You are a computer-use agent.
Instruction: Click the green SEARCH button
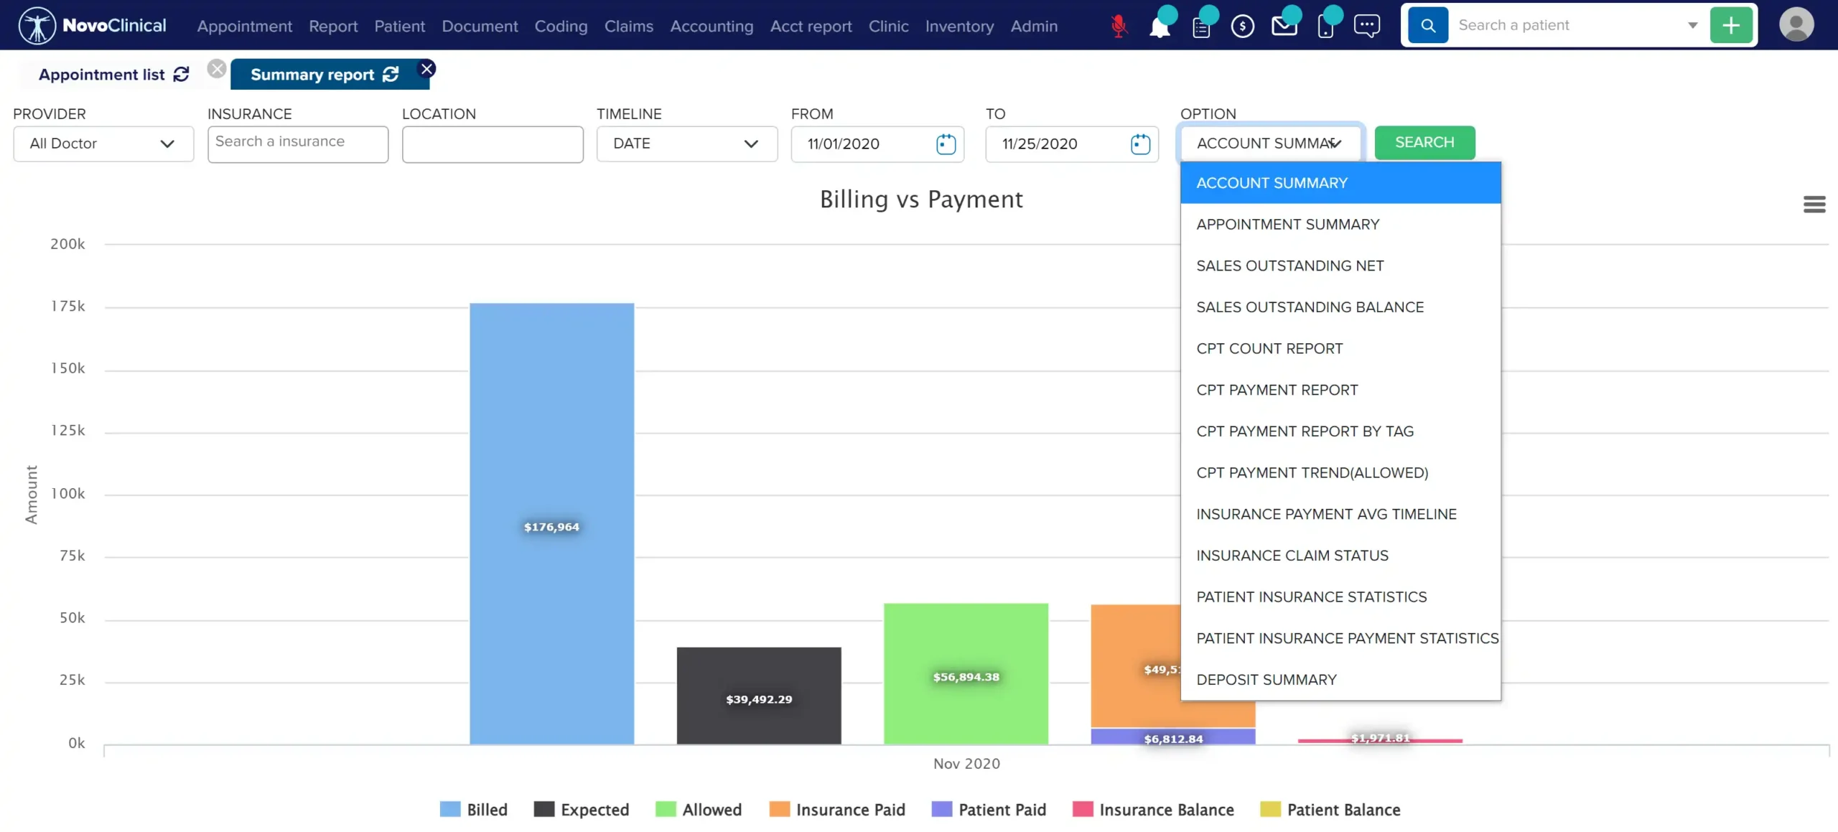pos(1424,142)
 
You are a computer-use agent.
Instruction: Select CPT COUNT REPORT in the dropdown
pos(1269,348)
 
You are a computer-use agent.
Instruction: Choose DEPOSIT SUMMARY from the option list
pos(1266,679)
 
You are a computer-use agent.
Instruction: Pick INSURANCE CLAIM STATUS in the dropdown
pos(1292,555)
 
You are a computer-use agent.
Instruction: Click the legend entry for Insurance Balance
pos(1153,810)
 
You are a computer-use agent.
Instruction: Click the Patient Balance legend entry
pos(1330,810)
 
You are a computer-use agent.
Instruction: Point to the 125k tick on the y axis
pos(67,431)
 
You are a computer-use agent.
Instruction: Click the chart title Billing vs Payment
pos(921,200)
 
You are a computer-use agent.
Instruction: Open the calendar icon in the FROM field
pos(946,144)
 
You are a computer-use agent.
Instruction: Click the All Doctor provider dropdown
pos(103,144)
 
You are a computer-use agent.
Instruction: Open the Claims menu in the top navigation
pos(628,26)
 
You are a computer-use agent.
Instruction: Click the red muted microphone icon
pos(1118,26)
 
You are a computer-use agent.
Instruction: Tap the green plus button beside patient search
pos(1731,25)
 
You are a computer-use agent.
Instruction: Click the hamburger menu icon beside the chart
pos(1814,205)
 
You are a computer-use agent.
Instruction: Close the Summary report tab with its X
pos(427,69)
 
